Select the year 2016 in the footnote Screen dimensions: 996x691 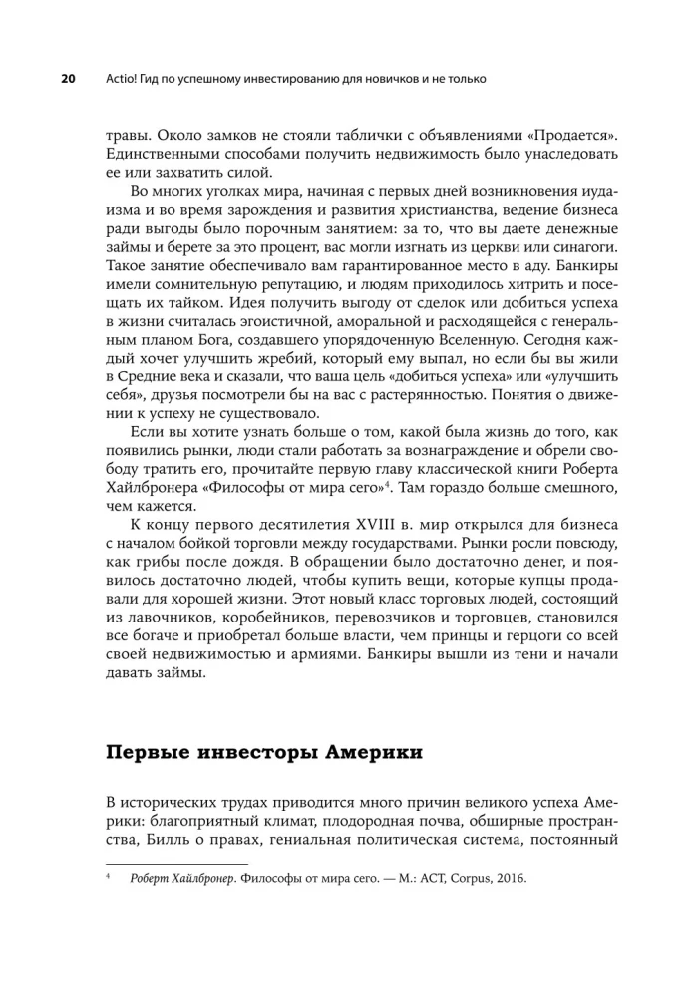point(509,880)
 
